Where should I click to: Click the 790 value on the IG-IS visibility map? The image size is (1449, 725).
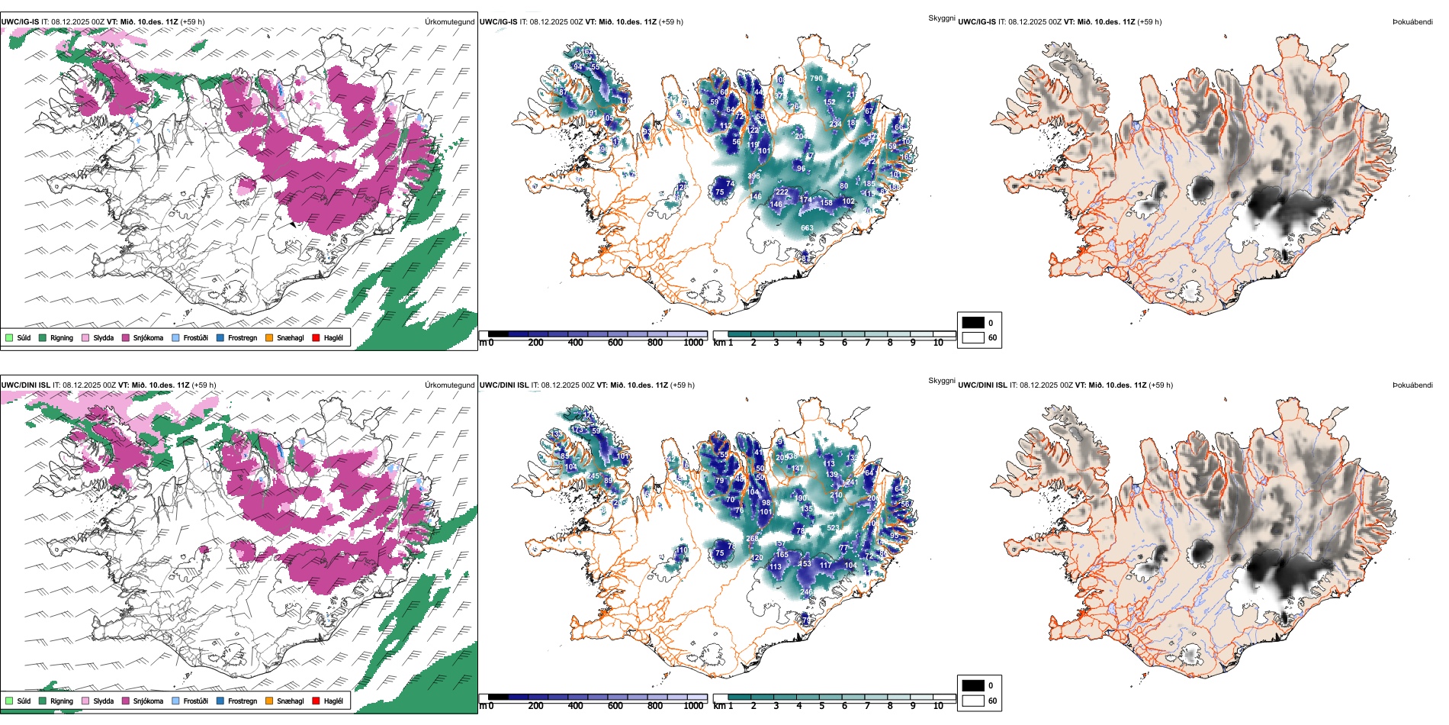[x=816, y=79]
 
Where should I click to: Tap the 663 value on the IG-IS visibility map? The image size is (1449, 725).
[x=807, y=228]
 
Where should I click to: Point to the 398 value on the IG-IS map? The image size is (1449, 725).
[x=753, y=176]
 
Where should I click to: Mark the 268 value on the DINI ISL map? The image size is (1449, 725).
[x=752, y=539]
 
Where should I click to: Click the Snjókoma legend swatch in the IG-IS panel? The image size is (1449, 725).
[x=126, y=337]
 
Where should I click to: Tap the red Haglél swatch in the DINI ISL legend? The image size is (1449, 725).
[x=316, y=701]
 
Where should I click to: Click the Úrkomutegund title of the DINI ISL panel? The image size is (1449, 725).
[x=449, y=385]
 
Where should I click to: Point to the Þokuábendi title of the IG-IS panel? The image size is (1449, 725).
[x=1412, y=22]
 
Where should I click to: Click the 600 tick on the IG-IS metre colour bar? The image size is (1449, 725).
[x=615, y=343]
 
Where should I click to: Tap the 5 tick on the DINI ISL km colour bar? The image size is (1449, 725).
[x=821, y=706]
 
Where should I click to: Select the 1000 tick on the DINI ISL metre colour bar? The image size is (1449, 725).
[x=693, y=706]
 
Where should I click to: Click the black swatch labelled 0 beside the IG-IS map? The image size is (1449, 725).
[x=973, y=323]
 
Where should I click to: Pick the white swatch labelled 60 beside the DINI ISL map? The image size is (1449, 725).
[x=973, y=701]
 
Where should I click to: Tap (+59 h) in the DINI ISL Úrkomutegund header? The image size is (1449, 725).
[x=204, y=385]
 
